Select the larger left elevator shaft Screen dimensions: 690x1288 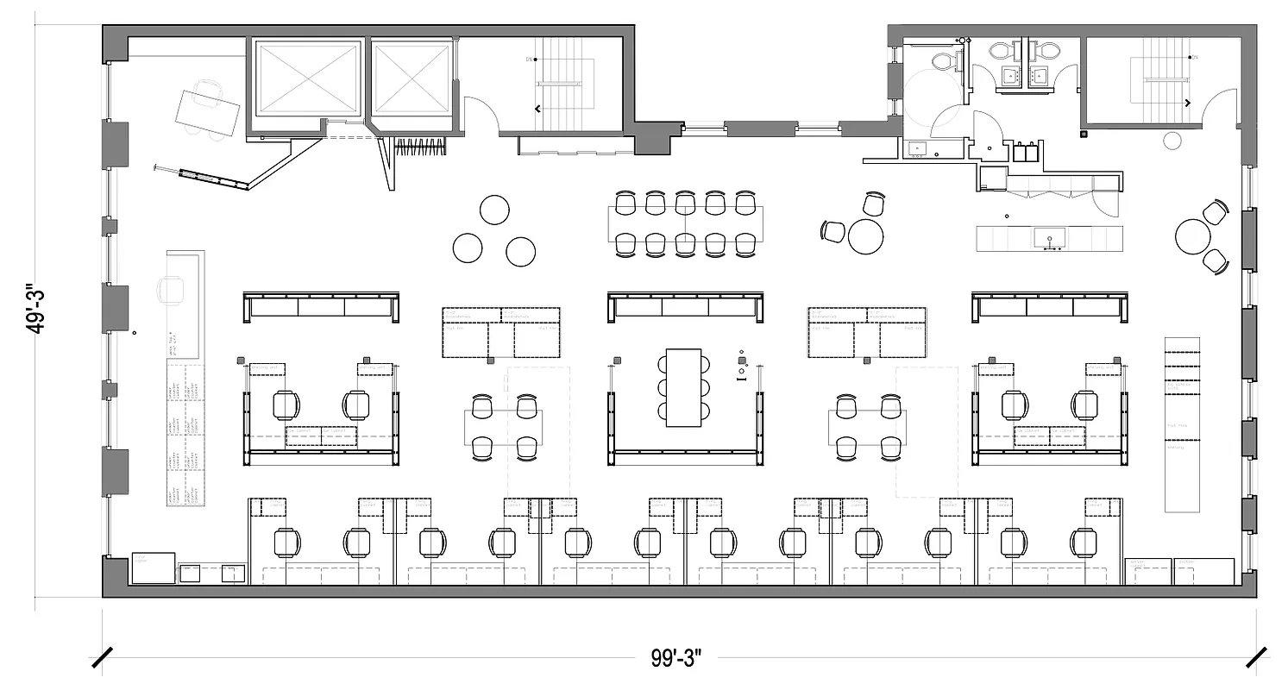pyautogui.click(x=308, y=78)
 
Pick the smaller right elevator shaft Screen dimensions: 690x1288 pyautogui.click(x=411, y=78)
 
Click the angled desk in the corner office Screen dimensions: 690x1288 pyautogui.click(x=207, y=109)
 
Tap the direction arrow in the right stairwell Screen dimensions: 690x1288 pyautogui.click(x=1188, y=103)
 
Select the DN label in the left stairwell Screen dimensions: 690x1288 pyautogui.click(x=529, y=60)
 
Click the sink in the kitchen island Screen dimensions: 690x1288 pyautogui.click(x=1050, y=237)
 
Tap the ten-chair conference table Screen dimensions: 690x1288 pyautogui.click(x=684, y=224)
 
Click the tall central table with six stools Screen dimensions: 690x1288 pyautogui.click(x=684, y=386)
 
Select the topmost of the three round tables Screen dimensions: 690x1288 pyautogui.click(x=495, y=210)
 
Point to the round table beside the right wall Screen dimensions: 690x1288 pyautogui.click(x=1194, y=236)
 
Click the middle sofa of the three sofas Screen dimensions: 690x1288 pyautogui.click(x=686, y=307)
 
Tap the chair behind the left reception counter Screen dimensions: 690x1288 pyautogui.click(x=172, y=290)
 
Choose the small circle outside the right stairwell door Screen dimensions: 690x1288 pyautogui.click(x=1172, y=141)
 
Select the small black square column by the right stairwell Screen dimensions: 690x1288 pyautogui.click(x=1084, y=134)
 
